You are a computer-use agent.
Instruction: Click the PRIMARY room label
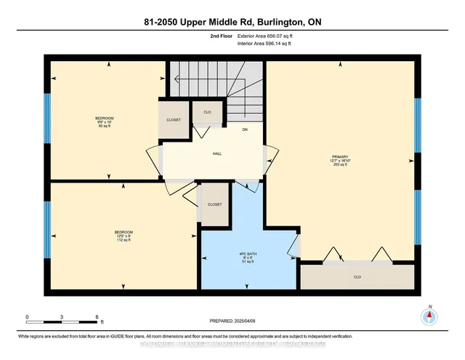coord(341,159)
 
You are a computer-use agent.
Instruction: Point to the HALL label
coord(217,154)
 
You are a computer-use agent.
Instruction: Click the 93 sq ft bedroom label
coord(104,121)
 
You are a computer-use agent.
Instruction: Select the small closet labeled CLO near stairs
coord(207,112)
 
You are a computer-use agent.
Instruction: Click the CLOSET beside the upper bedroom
coord(174,120)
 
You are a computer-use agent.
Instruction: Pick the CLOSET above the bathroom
coord(214,205)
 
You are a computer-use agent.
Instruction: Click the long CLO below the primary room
coord(357,276)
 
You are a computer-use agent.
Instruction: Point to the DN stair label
coord(246,130)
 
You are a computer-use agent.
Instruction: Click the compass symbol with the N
coord(430,316)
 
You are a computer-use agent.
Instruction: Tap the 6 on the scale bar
coord(97,317)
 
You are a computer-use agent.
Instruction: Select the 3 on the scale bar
coord(62,317)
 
